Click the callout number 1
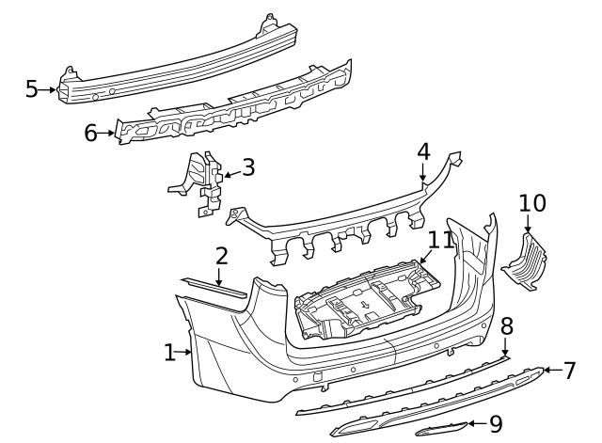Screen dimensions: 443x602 pos(169,353)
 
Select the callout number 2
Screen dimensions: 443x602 pos(221,256)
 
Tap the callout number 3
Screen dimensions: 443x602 pos(248,168)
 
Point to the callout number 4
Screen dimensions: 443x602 pos(423,150)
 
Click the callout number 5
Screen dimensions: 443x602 pos(31,89)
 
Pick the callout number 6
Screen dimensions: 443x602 pos(90,133)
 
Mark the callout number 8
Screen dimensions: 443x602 pos(506,326)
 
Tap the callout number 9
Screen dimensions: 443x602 pos(496,425)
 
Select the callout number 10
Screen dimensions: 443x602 pos(531,202)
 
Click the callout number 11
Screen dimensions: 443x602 pos(441,241)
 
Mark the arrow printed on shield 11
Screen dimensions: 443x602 pos(363,305)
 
